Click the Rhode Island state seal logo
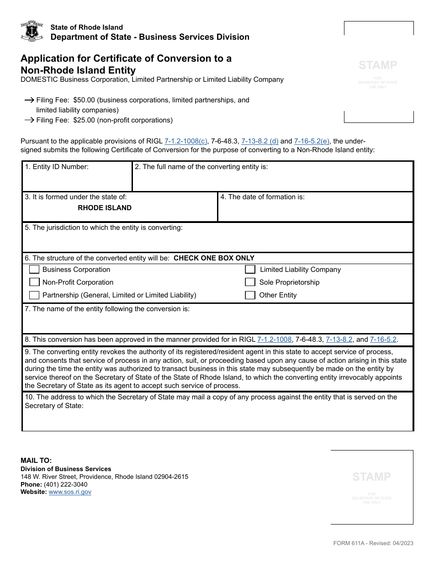[32, 31]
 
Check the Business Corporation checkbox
[34, 270]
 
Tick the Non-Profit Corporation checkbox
[34, 282]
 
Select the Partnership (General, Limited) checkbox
[34, 295]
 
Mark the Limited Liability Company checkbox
[250, 270]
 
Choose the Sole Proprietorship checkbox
[250, 282]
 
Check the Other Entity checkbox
[250, 295]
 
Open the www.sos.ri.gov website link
[70, 492]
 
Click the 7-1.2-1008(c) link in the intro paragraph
[185, 142]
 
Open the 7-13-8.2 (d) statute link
[259, 142]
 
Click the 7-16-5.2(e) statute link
[312, 142]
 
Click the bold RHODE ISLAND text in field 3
[105, 208]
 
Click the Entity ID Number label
[57, 167]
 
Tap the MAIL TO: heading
[36, 461]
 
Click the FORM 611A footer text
[373, 543]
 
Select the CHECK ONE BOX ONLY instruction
[214, 258]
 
